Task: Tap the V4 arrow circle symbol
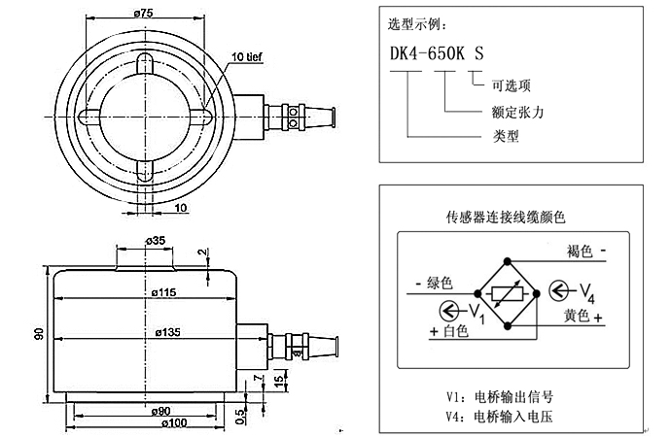559,289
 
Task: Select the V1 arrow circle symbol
448,309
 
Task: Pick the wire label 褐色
580,251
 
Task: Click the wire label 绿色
439,283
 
